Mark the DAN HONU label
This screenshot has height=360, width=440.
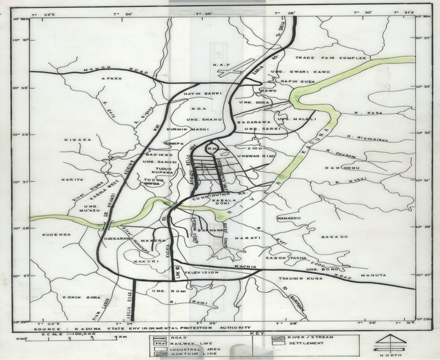pyautogui.click(x=339, y=167)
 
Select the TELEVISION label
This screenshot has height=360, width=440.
pyautogui.click(x=201, y=272)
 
